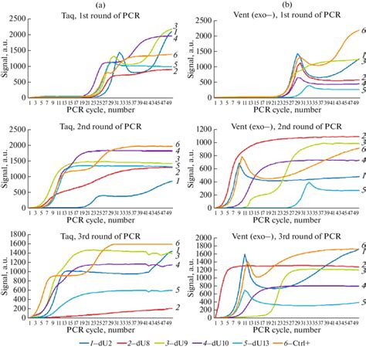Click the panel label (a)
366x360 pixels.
(103, 5)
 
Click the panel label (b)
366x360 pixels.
(280, 5)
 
